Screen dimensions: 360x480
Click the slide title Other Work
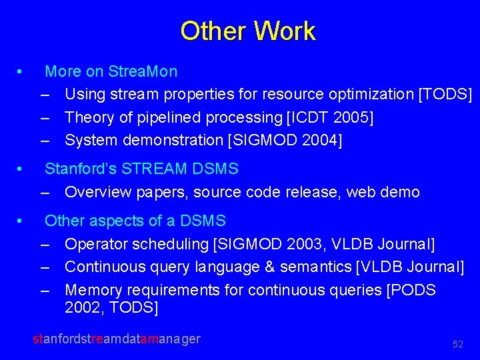click(x=247, y=31)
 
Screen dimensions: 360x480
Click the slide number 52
click(x=457, y=344)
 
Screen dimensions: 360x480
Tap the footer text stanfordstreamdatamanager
click(x=117, y=339)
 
